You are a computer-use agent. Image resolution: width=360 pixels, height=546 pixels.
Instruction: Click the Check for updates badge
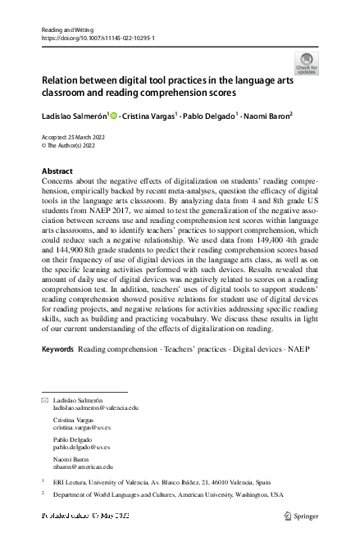point(307,62)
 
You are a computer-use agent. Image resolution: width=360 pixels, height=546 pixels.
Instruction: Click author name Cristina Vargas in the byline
point(148,116)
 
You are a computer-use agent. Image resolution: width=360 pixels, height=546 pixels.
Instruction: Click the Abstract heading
point(57,171)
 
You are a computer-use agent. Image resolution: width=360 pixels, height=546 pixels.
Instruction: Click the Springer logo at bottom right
point(301,516)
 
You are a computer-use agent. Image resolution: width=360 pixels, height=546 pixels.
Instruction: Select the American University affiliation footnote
point(168,495)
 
